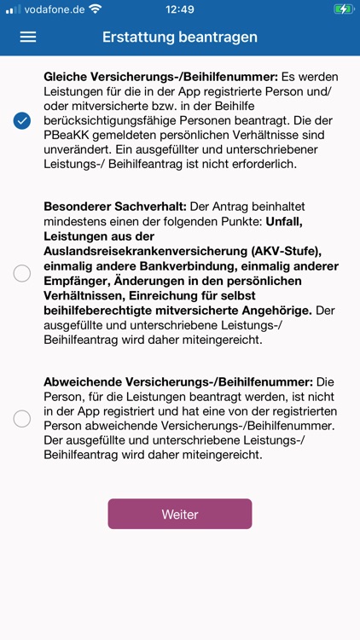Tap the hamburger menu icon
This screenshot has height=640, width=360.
[x=28, y=38]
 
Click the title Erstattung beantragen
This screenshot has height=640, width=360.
[x=180, y=38]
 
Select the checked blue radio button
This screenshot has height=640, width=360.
[x=22, y=120]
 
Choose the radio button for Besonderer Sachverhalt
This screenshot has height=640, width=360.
[x=22, y=273]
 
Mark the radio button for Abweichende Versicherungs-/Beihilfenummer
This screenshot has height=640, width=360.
[x=22, y=418]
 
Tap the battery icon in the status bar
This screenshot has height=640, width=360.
[x=343, y=9]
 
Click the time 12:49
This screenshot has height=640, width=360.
[x=180, y=9]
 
